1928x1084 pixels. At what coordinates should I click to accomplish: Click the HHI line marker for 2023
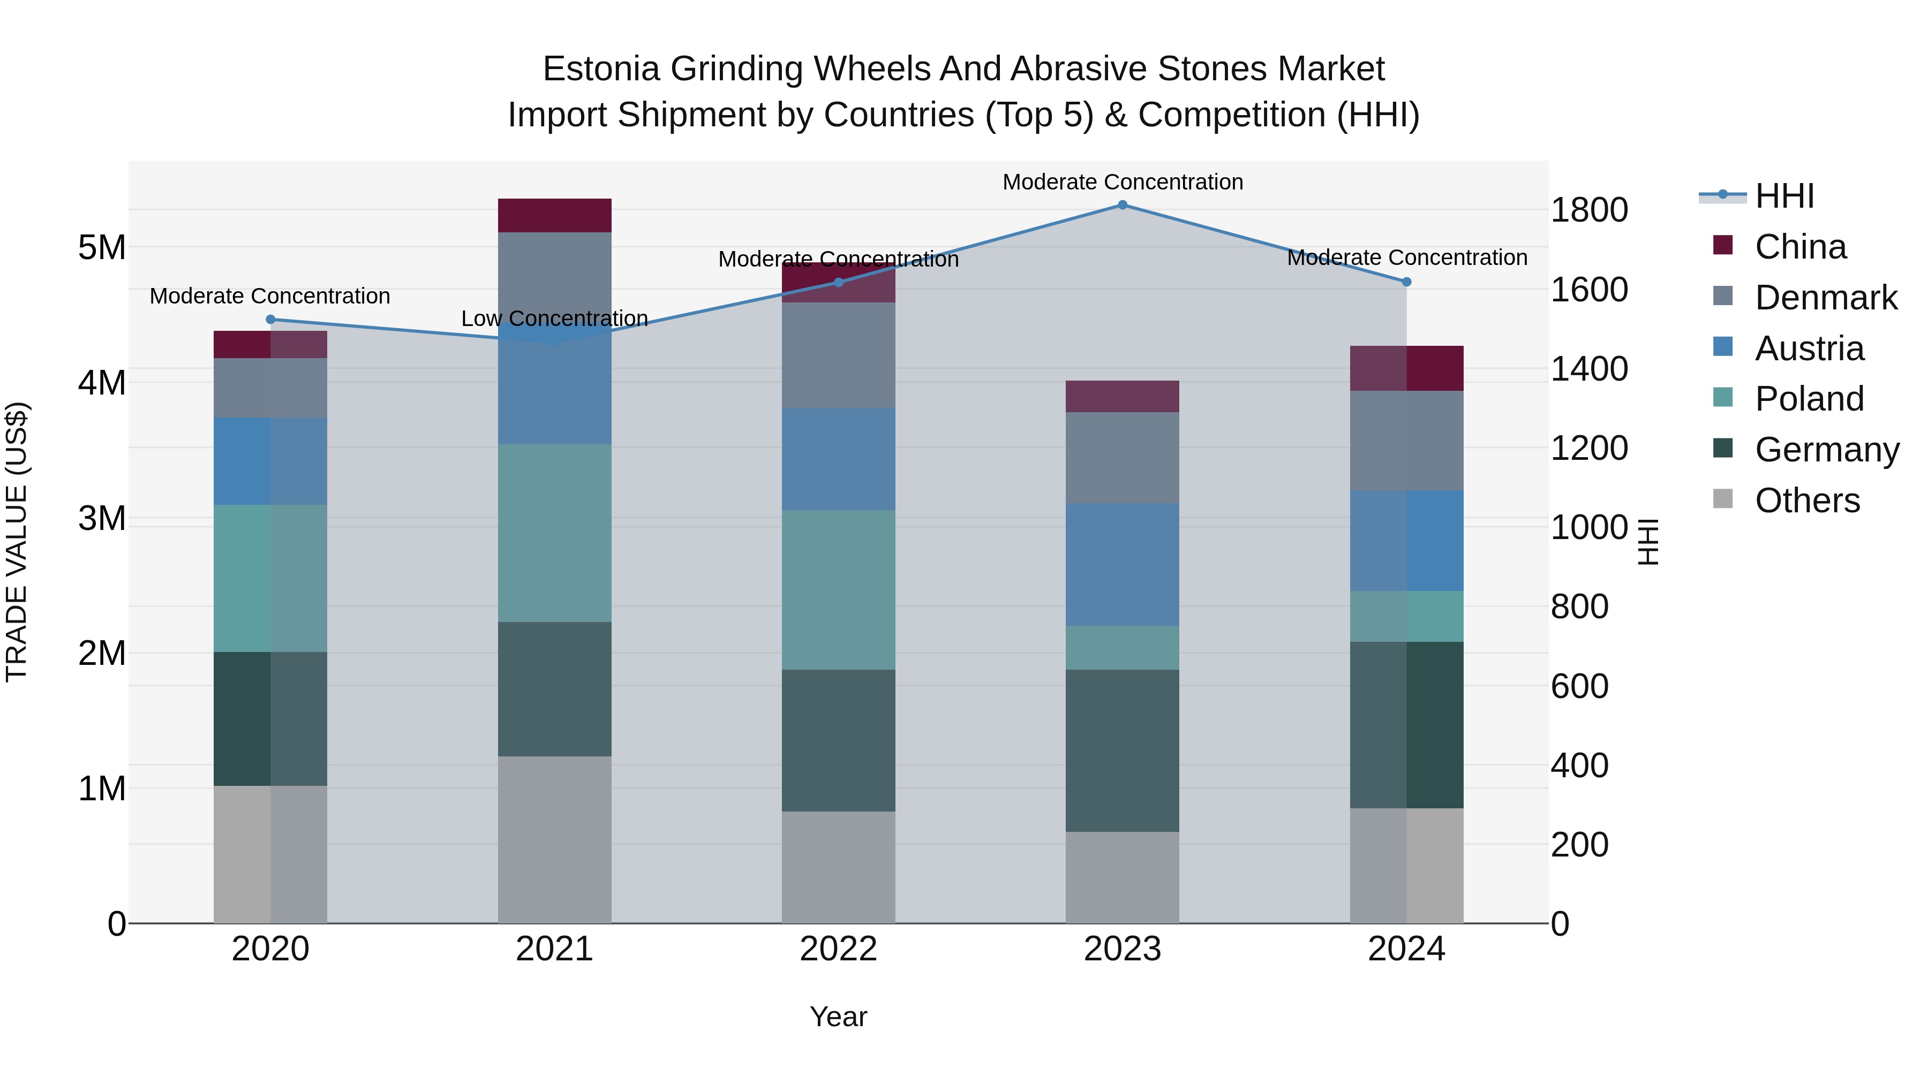[x=1122, y=205]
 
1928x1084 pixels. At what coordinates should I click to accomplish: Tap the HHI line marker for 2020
[x=271, y=320]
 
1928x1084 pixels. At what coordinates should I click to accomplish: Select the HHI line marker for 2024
[x=1406, y=282]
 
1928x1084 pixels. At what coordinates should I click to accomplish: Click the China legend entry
[x=1800, y=247]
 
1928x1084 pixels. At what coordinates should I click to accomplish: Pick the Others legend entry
[x=1807, y=501]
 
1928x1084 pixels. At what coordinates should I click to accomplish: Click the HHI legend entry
[x=1784, y=196]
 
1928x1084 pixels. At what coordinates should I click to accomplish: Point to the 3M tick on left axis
[x=102, y=518]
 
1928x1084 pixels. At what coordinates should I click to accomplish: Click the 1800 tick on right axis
[x=1588, y=210]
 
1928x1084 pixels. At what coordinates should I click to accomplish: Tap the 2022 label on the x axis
[x=838, y=949]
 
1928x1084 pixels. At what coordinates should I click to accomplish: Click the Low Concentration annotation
[x=555, y=319]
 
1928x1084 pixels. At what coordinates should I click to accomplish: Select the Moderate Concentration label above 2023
[x=1123, y=182]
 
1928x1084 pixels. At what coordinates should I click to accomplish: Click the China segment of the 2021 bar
[x=555, y=215]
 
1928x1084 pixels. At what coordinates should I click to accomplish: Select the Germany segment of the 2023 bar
[x=1122, y=751]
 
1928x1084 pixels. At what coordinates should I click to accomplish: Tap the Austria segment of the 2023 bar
[x=1122, y=564]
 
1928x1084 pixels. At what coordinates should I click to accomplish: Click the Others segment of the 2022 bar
[x=838, y=867]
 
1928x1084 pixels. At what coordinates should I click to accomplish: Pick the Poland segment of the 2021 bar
[x=555, y=533]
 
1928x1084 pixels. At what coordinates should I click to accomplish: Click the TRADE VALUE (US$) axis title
[x=17, y=542]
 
